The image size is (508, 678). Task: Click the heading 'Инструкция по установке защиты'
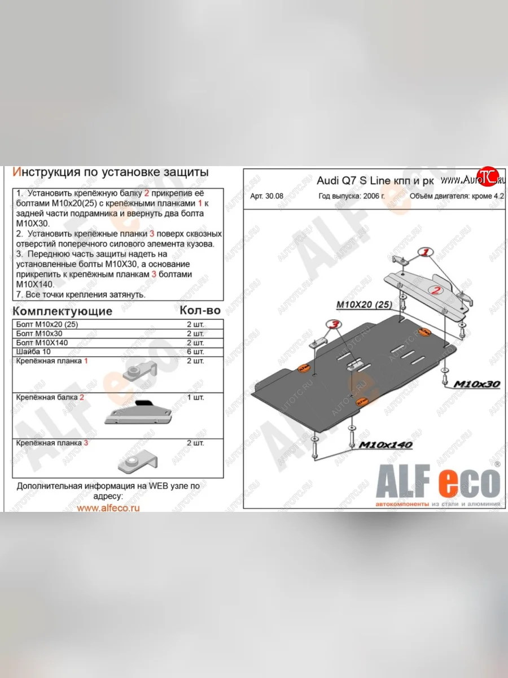[x=111, y=172]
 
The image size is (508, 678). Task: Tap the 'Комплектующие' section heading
[x=62, y=311]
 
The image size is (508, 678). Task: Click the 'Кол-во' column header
[x=200, y=310]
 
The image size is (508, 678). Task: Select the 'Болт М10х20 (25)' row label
[x=46, y=325]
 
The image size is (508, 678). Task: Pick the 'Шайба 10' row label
[x=33, y=351]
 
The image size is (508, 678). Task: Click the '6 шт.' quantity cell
[x=195, y=351]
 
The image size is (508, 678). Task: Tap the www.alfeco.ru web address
[x=108, y=507]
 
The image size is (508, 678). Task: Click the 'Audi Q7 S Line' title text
[x=350, y=181]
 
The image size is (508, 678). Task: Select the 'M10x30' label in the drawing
[x=476, y=384]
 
